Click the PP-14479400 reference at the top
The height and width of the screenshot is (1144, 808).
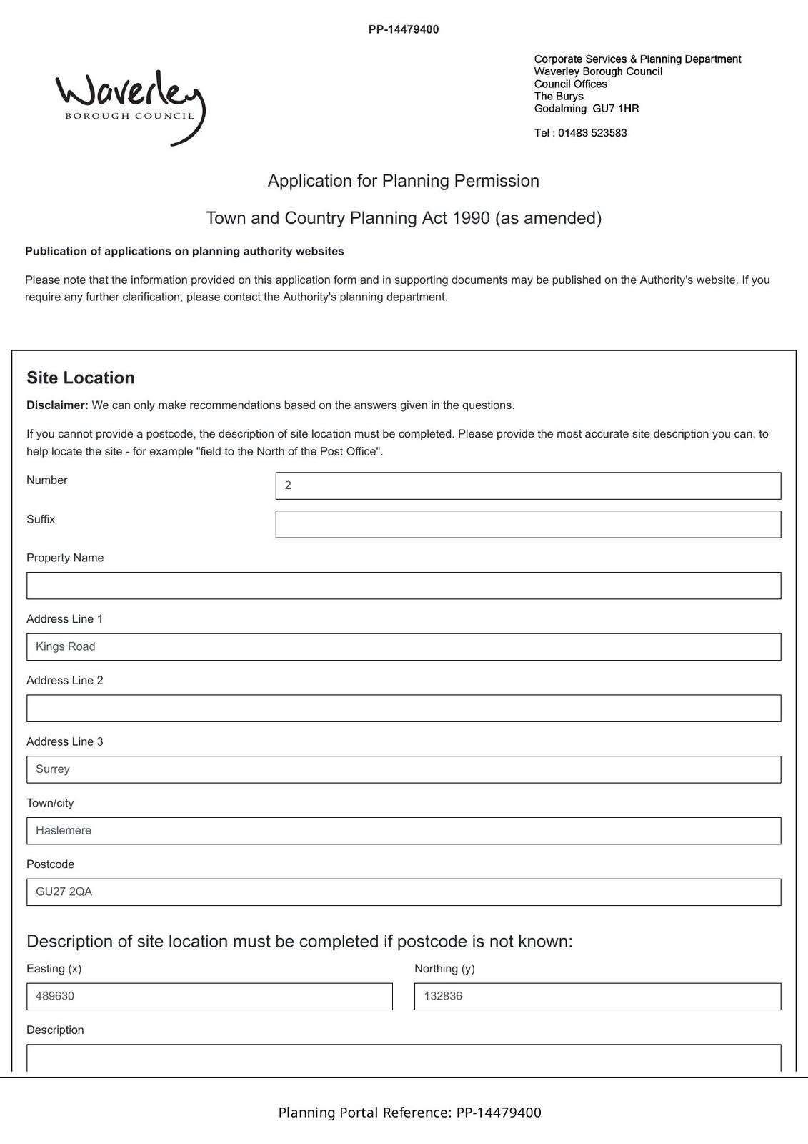(x=404, y=29)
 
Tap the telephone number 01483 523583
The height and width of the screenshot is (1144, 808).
(x=592, y=133)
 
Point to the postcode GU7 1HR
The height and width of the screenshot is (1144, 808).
(x=616, y=109)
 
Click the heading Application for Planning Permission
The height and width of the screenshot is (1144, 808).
(x=404, y=181)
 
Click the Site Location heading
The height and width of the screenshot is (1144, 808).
(x=81, y=378)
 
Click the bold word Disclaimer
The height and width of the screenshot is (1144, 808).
(x=57, y=405)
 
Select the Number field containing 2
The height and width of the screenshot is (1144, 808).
(x=528, y=485)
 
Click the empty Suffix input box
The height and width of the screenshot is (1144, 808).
(x=528, y=524)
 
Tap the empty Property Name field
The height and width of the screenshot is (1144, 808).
(x=404, y=586)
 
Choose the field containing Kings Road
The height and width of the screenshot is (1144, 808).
(x=404, y=647)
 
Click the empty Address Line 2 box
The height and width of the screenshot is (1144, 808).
(x=404, y=709)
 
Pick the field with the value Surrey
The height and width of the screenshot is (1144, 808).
(x=404, y=769)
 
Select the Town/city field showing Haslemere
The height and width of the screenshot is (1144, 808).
(x=404, y=831)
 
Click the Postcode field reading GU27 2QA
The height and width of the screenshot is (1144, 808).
(x=404, y=892)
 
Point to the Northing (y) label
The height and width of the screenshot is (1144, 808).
(x=444, y=969)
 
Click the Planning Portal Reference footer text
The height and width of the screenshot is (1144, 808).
(x=409, y=1113)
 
